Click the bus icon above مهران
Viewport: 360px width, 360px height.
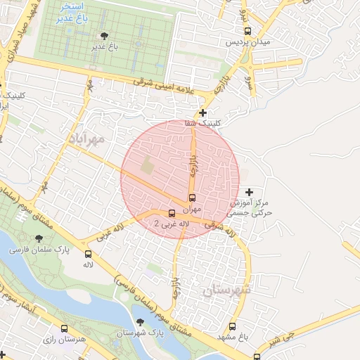pos(193,198)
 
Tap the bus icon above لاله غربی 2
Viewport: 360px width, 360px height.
pos(172,212)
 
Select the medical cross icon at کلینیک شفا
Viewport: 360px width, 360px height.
pos(203,112)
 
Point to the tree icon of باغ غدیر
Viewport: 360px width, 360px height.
pos(105,36)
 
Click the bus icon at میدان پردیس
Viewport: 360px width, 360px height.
pos(247,31)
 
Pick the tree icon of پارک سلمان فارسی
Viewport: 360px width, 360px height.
pos(37,238)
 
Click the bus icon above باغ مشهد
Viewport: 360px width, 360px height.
pos(233,326)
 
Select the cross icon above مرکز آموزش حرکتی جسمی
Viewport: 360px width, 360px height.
pos(249,192)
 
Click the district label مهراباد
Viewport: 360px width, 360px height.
pos(87,138)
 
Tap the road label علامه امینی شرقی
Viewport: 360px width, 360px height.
pos(168,87)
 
